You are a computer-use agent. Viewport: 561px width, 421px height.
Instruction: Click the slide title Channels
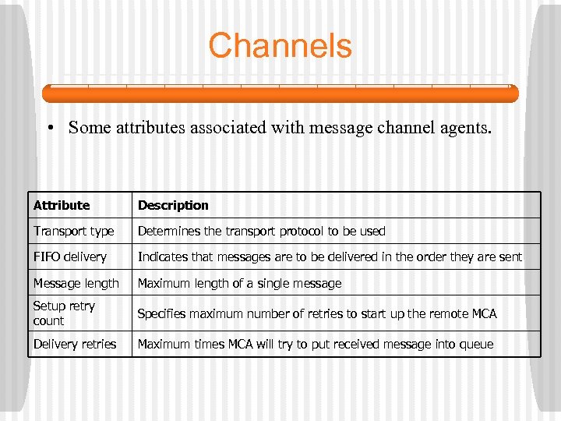pos(280,46)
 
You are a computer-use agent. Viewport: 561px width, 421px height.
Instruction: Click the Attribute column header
pos(62,206)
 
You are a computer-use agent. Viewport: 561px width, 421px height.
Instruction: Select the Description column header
pos(173,206)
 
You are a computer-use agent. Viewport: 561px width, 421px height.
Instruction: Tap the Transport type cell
pos(73,232)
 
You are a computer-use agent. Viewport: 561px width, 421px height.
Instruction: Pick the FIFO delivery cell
pos(69,257)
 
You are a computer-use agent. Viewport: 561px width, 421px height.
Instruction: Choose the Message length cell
pos(76,284)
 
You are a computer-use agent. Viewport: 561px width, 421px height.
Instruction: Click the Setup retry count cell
pos(64,313)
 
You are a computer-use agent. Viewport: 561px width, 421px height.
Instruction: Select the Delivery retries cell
pos(75,344)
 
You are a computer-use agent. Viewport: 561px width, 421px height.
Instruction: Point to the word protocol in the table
pos(286,232)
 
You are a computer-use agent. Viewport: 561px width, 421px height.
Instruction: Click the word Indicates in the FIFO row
pos(165,257)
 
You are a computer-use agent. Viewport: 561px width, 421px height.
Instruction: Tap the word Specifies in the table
pos(164,314)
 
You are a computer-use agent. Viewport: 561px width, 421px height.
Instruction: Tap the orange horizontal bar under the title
pos(280,94)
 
